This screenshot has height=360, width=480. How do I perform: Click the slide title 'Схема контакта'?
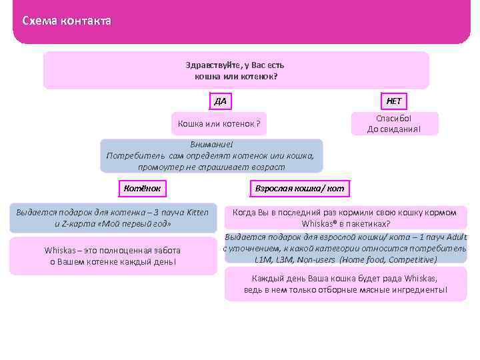(67, 21)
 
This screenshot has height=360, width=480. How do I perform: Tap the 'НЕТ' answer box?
(394, 101)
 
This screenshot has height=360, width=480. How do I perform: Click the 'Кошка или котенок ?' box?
(219, 124)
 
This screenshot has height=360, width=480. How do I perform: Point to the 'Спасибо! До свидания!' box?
(394, 123)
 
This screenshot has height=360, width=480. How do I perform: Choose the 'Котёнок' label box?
(142, 188)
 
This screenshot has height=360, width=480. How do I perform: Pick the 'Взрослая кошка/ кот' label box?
(299, 188)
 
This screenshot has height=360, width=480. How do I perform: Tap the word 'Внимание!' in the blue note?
(212, 145)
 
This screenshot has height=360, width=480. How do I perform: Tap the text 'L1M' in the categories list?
(263, 259)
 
